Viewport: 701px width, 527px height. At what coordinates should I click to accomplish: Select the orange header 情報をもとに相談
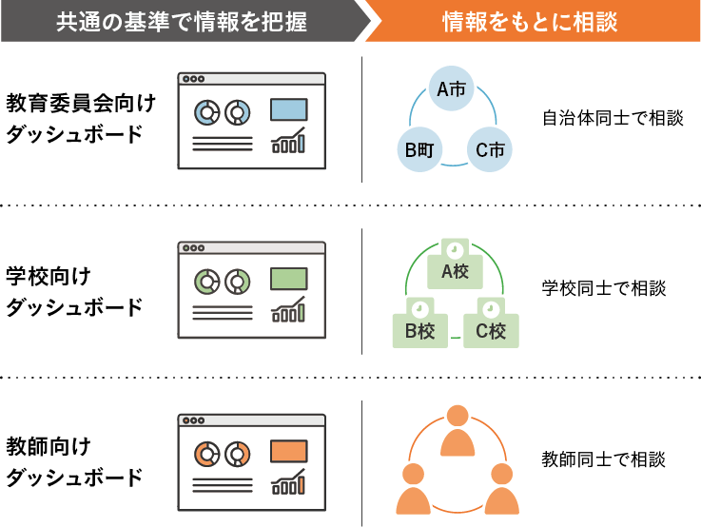click(530, 21)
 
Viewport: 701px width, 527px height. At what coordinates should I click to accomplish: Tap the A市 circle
click(451, 90)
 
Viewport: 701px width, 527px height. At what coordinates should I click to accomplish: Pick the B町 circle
click(419, 149)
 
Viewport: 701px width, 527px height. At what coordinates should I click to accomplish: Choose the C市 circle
click(490, 149)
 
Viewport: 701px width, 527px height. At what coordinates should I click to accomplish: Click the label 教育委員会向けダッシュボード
click(80, 118)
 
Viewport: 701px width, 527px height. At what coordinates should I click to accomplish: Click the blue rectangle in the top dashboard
click(288, 109)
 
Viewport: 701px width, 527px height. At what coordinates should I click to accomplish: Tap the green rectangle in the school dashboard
click(288, 280)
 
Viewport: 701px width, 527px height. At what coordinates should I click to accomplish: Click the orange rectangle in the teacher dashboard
click(288, 451)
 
